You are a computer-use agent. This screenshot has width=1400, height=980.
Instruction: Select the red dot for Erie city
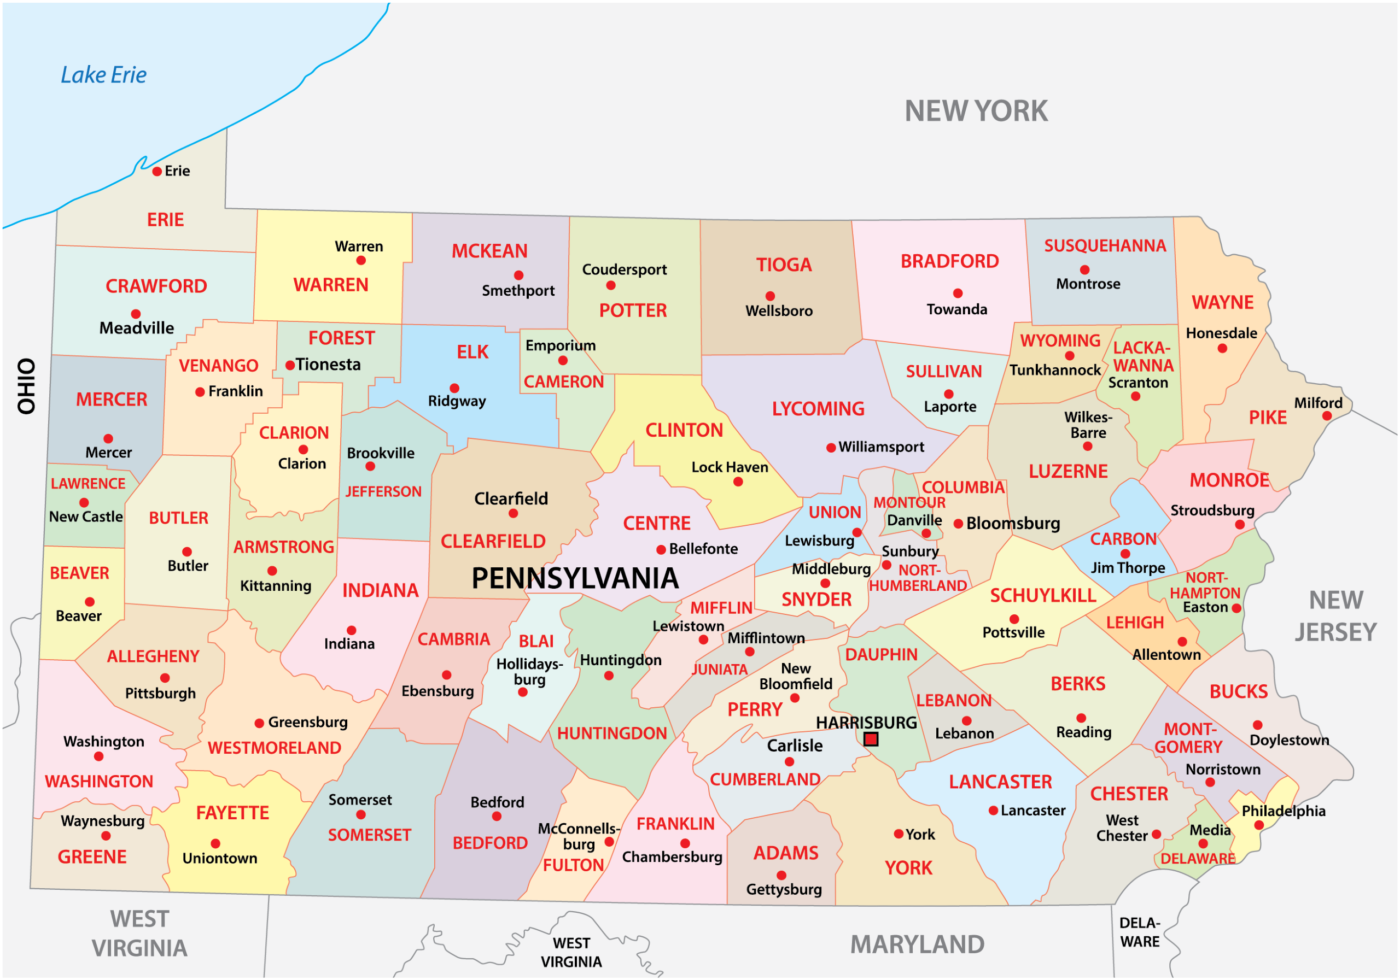[x=157, y=171]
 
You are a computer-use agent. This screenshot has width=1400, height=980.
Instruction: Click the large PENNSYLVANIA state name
[x=574, y=578]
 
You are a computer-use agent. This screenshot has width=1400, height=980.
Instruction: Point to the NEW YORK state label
[x=976, y=111]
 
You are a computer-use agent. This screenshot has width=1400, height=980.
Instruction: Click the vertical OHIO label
[x=26, y=386]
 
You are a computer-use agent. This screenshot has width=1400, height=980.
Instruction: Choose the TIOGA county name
[x=784, y=265]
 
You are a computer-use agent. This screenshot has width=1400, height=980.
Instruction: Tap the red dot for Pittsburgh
[x=165, y=678]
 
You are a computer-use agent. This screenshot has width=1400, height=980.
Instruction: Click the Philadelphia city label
[x=1284, y=811]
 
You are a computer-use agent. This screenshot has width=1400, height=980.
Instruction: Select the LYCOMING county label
[x=818, y=408]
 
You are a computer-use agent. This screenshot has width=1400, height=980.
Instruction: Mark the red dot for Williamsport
[x=831, y=448]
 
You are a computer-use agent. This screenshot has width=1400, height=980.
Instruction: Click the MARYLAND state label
[x=917, y=944]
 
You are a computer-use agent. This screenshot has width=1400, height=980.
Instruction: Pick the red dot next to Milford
[x=1327, y=416]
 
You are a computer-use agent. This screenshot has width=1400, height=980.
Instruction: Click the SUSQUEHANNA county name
[x=1105, y=245]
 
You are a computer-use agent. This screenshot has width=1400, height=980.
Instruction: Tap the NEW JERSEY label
[x=1335, y=616]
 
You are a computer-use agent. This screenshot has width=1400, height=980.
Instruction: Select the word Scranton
[x=1138, y=383]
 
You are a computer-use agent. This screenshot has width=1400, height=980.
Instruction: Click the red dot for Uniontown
[x=215, y=843]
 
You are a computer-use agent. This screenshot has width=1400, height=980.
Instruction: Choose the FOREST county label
[x=341, y=338]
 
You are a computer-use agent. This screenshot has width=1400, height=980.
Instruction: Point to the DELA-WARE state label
[x=1139, y=932]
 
